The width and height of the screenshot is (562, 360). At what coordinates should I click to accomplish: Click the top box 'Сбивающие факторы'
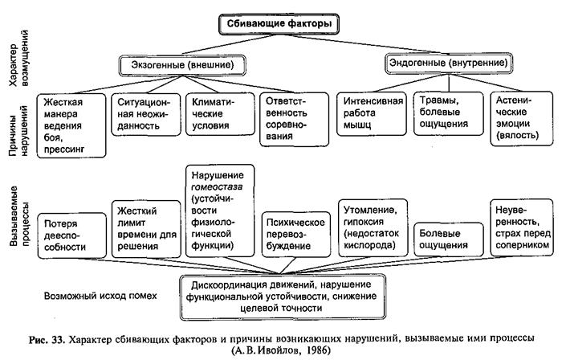click(x=279, y=24)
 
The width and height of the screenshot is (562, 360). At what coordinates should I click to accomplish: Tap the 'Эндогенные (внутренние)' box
click(x=435, y=63)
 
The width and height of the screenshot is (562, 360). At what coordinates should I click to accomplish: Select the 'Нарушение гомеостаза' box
click(x=218, y=210)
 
